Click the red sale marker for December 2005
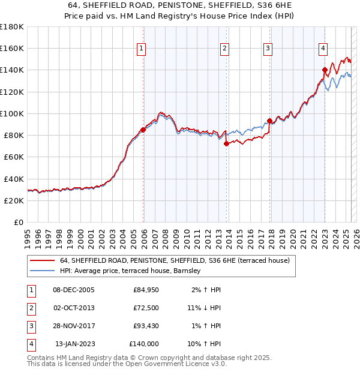pyautogui.click(x=143, y=130)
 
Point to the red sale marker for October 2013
pyautogui.click(x=226, y=143)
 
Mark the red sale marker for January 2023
pyautogui.click(x=325, y=70)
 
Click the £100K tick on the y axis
pyautogui.click(x=12, y=113)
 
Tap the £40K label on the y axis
pyautogui.click(x=14, y=179)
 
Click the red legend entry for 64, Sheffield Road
pyautogui.click(x=175, y=260)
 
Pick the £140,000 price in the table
pyautogui.click(x=144, y=344)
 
